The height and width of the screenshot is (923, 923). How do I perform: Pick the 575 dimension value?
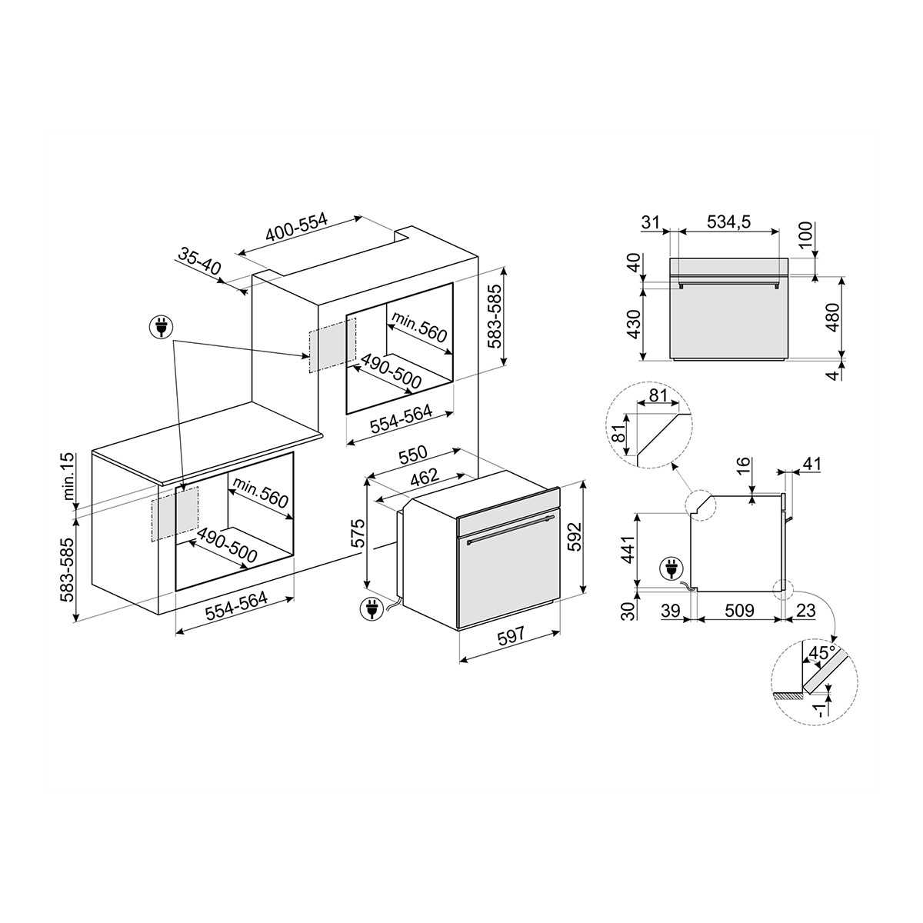point(355,532)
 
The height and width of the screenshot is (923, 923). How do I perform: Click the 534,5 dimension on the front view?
point(728,223)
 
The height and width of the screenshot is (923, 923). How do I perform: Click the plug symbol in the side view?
point(669,570)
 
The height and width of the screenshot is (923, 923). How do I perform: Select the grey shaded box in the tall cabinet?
point(333,345)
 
